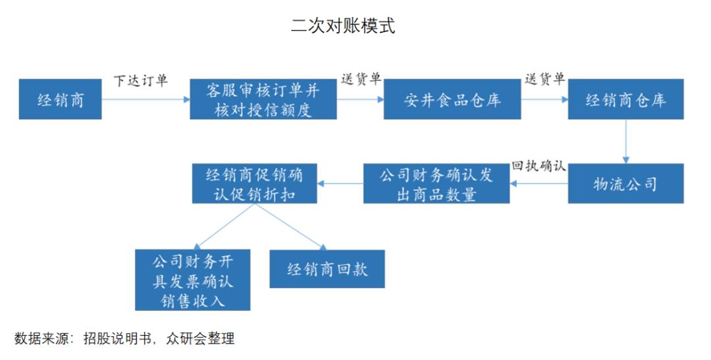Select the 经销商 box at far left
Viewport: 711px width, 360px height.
(61, 99)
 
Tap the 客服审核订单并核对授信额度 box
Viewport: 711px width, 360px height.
(263, 99)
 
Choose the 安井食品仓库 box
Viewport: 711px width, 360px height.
(452, 99)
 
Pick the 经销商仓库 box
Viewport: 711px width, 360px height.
(625, 99)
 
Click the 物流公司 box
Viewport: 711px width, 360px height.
(625, 184)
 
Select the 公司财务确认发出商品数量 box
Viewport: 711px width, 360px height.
(436, 184)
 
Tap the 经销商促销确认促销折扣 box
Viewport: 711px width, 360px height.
(253, 184)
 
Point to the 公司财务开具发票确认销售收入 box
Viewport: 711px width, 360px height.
(193, 280)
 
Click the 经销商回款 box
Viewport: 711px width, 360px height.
(327, 269)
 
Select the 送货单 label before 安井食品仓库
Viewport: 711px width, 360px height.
(361, 79)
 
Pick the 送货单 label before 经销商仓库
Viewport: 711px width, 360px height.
(544, 79)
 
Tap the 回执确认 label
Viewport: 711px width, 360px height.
(539, 166)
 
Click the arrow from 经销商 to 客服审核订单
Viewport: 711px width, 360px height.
(145, 100)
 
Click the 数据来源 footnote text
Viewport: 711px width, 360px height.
(124, 340)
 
